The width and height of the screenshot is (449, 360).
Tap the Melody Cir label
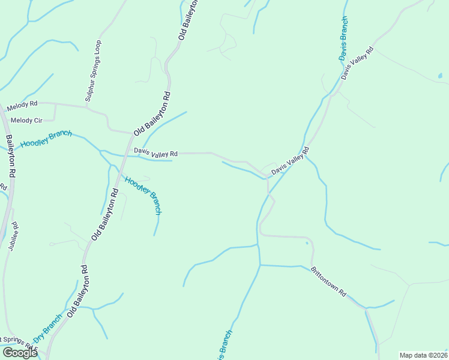26,121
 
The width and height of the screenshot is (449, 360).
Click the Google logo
20,353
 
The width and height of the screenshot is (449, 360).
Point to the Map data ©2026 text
423,355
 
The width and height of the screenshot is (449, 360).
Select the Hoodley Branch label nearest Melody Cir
46,139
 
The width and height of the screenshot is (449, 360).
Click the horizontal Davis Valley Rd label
156,154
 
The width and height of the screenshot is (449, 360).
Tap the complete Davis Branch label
342,43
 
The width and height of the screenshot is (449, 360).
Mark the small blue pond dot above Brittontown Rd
306,243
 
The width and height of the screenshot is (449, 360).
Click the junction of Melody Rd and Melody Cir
55,104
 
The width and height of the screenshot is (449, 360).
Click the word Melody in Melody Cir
22,121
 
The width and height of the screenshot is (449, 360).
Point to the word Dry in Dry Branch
39,337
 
